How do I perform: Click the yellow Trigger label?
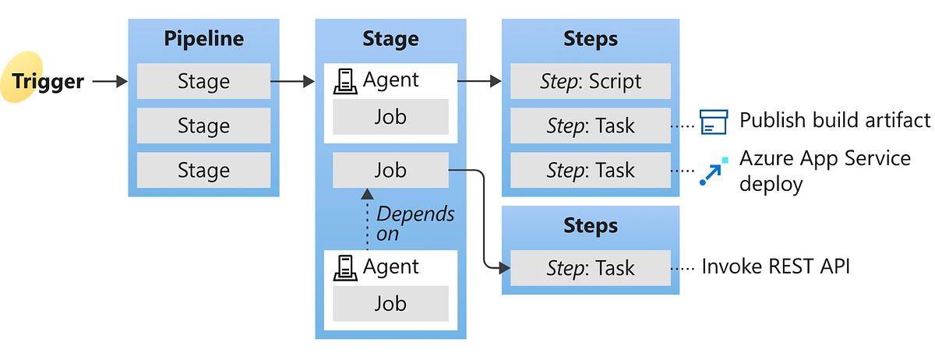tap(47, 81)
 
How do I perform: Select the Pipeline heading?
tap(203, 39)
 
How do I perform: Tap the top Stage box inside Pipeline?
tap(203, 82)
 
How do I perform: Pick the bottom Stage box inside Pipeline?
tap(203, 170)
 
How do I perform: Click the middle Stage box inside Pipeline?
tap(203, 125)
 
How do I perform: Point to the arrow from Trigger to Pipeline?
tap(110, 81)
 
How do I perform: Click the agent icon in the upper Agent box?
tap(345, 81)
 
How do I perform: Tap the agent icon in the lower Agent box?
tap(345, 268)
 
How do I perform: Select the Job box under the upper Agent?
tap(390, 117)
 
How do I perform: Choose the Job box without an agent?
tap(390, 170)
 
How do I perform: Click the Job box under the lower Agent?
tap(390, 303)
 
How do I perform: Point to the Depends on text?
tap(415, 224)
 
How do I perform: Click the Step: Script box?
tap(591, 82)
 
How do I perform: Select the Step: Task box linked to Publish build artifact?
tap(591, 125)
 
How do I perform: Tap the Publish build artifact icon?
tap(713, 122)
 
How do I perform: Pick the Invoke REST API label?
tap(775, 266)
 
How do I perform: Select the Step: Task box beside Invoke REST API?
tap(591, 268)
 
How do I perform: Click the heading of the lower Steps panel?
tap(591, 226)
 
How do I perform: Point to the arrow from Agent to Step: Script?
tap(478, 80)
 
